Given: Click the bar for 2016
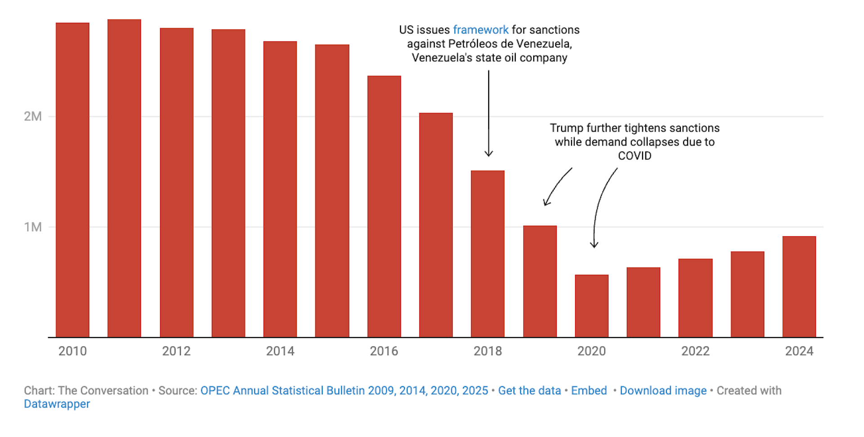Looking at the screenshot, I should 384,207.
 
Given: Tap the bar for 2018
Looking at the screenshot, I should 488,254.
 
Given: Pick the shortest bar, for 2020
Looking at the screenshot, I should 592,306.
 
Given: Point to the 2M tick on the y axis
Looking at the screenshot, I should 33,117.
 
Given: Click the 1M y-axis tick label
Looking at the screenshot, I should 33,227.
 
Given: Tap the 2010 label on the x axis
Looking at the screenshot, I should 72,351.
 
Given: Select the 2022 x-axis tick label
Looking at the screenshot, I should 695,351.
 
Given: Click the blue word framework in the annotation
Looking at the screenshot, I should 481,30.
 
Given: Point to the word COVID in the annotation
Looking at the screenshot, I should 634,156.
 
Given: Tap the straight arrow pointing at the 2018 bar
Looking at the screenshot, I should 489,113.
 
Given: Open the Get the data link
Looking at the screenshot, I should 529,391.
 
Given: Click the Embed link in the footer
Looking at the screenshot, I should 589,391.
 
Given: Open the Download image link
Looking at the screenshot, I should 663,391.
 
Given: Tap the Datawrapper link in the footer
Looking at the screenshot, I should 57,404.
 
